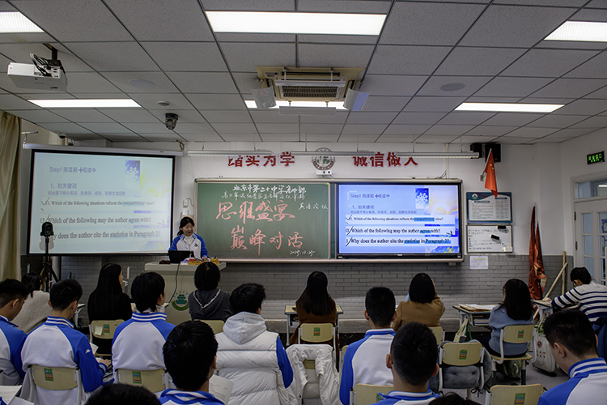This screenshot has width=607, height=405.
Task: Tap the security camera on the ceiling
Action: click(x=171, y=121)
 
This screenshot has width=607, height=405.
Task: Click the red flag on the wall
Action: click(x=490, y=173)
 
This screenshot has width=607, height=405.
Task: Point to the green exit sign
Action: click(x=595, y=157)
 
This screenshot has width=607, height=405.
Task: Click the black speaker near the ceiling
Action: click(x=487, y=151)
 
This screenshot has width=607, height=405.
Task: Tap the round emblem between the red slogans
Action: click(x=323, y=159)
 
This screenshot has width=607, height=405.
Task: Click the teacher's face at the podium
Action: click(x=187, y=226)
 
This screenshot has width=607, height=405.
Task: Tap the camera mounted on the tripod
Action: click(x=47, y=230)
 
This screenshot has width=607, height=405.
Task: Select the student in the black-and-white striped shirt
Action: click(x=583, y=296)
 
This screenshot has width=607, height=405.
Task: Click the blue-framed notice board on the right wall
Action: click(x=490, y=207)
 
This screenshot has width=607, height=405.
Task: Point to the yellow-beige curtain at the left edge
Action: click(x=9, y=194)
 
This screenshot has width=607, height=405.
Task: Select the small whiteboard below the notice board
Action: click(x=490, y=238)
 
